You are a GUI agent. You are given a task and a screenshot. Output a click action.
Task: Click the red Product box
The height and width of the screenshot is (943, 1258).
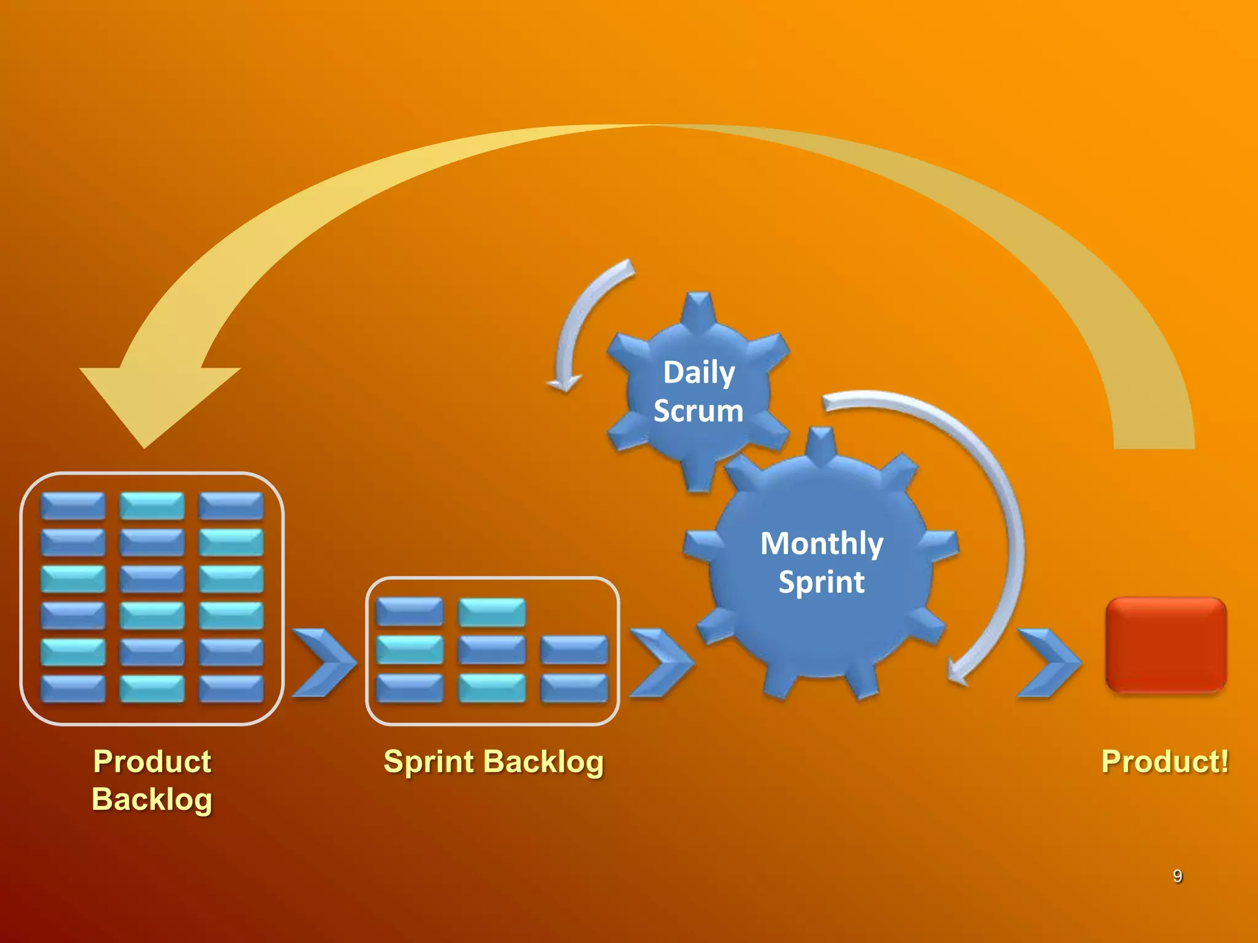(1165, 645)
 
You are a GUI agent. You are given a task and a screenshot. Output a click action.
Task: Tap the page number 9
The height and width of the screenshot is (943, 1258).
(1177, 876)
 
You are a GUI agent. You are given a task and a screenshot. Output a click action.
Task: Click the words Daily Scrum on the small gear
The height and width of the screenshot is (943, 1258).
(698, 392)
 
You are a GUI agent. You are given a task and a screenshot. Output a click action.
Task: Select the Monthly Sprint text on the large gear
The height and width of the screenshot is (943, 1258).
(821, 562)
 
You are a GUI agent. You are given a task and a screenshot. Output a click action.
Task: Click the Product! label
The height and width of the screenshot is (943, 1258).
(1165, 762)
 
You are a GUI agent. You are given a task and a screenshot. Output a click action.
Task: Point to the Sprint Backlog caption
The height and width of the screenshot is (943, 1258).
(493, 762)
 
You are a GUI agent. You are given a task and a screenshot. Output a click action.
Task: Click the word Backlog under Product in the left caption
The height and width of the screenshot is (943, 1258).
(152, 799)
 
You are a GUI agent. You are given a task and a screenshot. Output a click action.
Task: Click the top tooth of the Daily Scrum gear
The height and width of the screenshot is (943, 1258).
(698, 307)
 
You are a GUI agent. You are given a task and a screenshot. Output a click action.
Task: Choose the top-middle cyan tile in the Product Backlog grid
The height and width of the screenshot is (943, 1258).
(152, 505)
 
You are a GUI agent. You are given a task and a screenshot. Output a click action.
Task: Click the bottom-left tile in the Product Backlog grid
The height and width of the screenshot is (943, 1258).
(72, 688)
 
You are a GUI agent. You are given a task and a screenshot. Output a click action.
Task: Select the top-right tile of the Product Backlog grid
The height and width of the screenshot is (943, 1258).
(231, 505)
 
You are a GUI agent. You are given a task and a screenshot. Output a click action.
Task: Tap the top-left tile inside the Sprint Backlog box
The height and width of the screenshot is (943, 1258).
(409, 611)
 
